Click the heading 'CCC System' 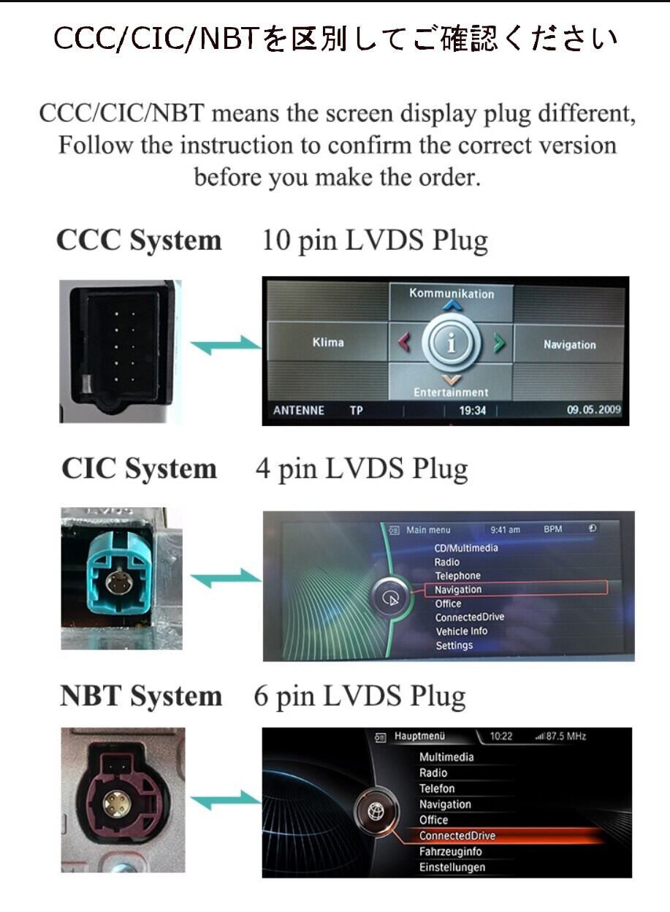coord(139,240)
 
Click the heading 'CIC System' coord(139,469)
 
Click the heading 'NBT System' coord(140,696)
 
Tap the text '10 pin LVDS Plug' coord(374,240)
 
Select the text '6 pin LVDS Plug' coord(359,696)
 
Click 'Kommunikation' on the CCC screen coord(451,294)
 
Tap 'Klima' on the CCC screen coord(327,342)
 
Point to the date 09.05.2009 coord(593,410)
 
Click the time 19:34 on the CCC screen coord(472,411)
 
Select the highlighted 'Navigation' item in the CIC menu coord(458,590)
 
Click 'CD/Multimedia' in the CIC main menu coord(466,548)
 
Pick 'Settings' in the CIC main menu coord(454,646)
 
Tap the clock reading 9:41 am coord(505,530)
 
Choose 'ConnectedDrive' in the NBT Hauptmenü coord(457,835)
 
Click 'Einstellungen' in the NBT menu coord(452,867)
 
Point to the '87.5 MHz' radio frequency coord(566,736)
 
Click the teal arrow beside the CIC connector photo coord(225,578)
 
